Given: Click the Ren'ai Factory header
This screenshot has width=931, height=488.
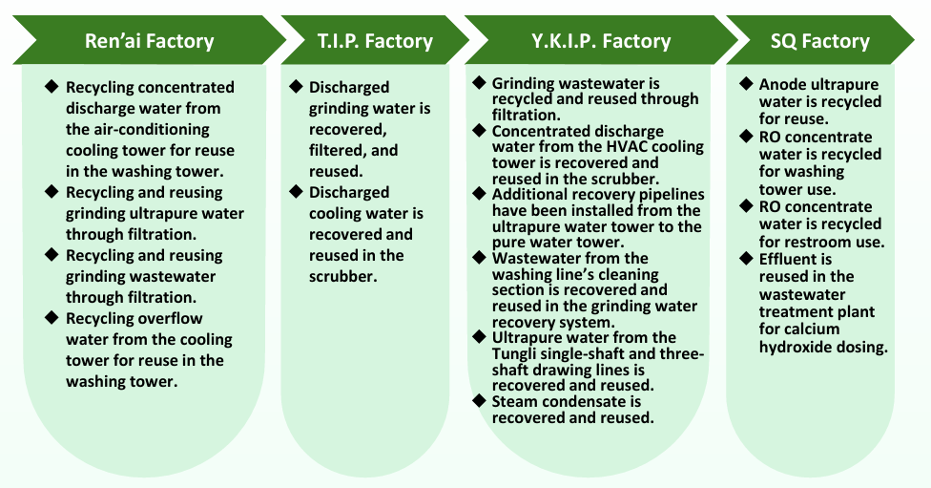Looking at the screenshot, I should [150, 41].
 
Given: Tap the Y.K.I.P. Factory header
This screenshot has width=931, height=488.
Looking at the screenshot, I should [601, 41].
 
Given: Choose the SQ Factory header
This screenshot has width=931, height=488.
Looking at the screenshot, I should [819, 41].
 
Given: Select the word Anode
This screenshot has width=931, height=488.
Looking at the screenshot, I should [782, 85].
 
